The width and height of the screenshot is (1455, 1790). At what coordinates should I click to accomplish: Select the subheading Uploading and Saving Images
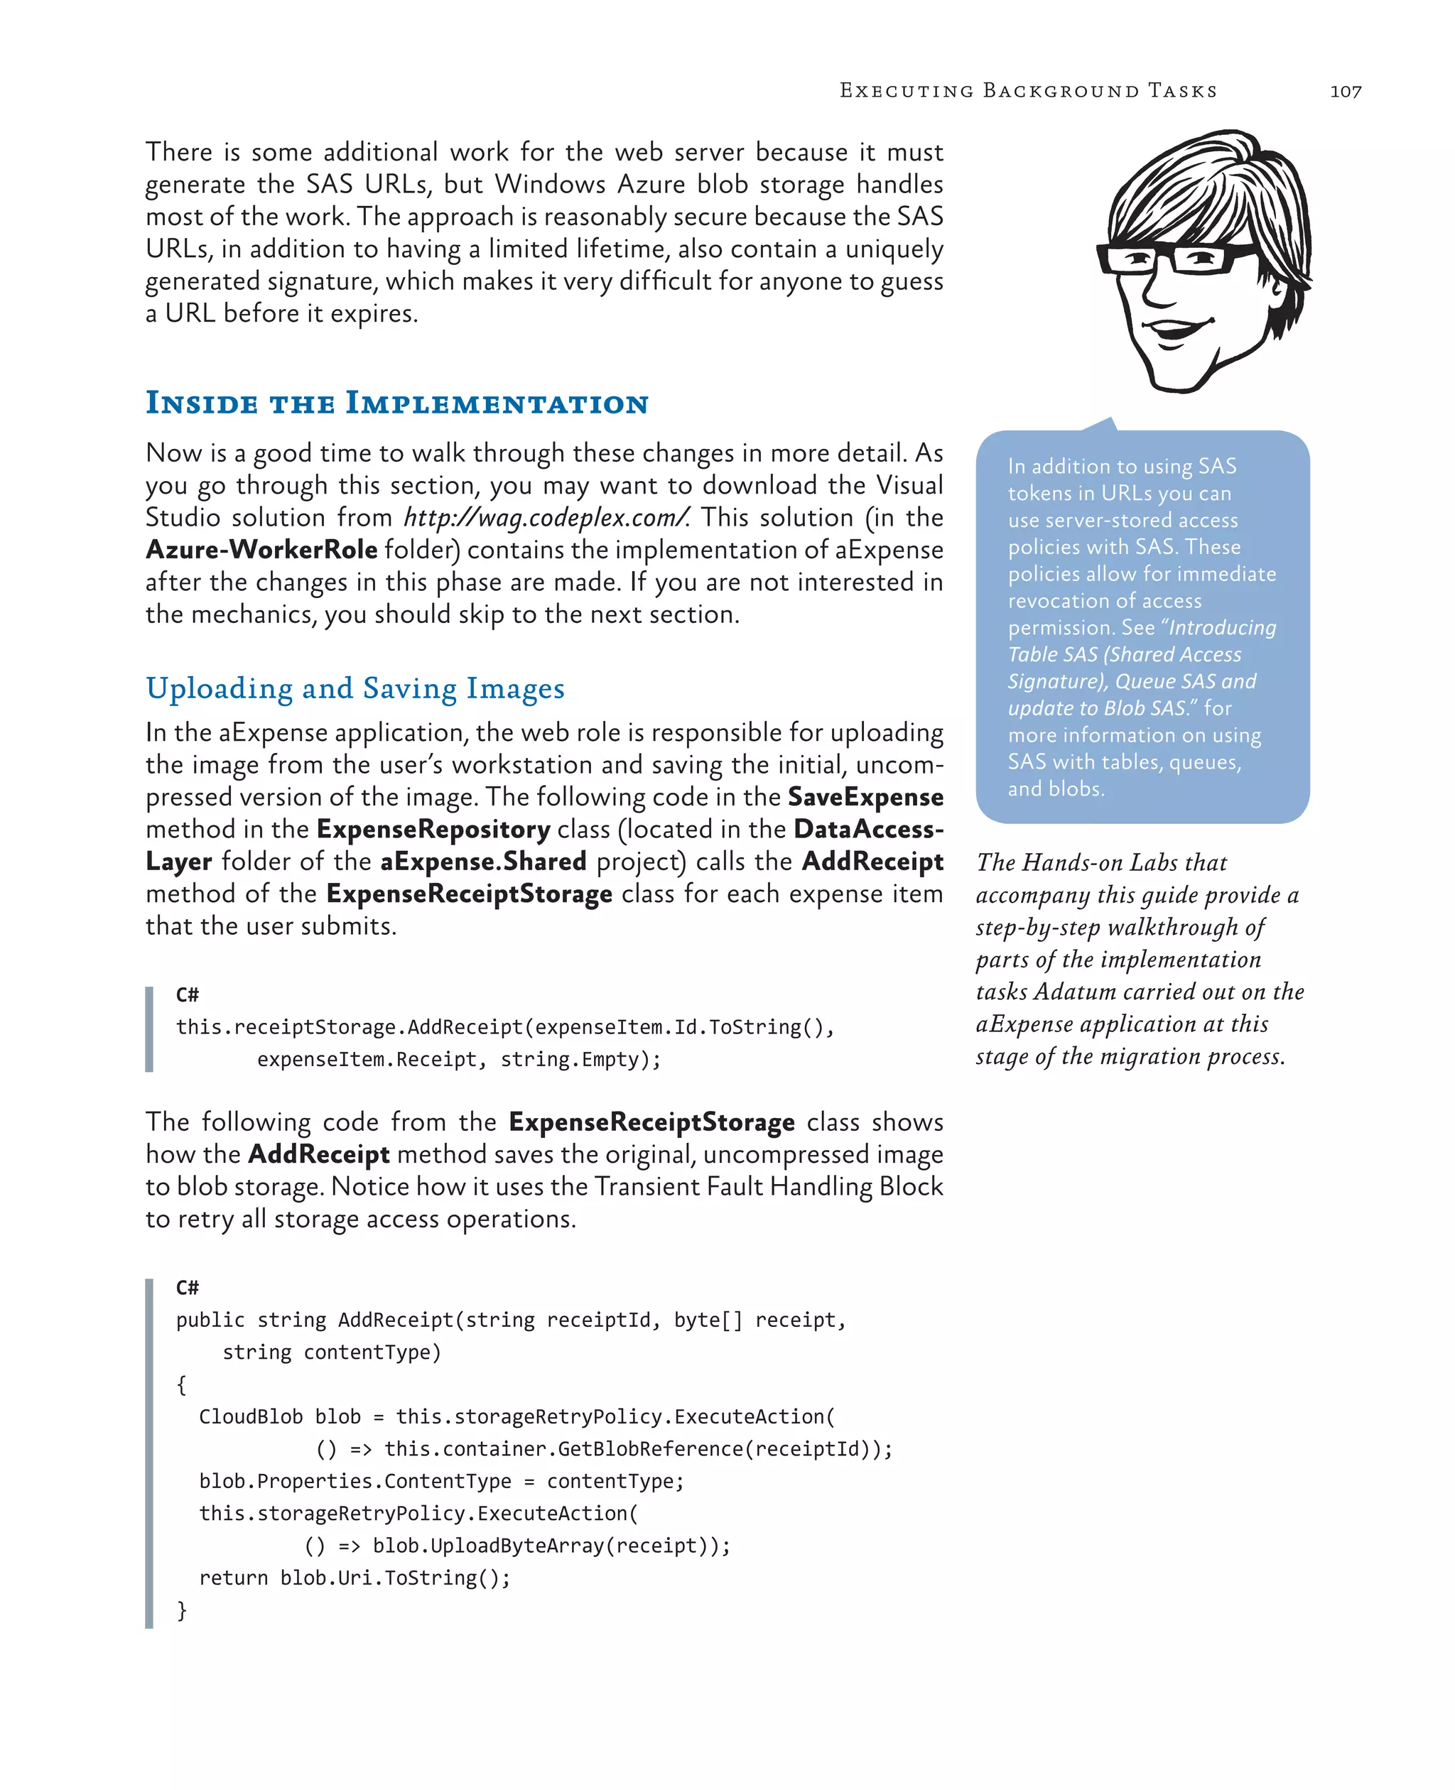coord(355,688)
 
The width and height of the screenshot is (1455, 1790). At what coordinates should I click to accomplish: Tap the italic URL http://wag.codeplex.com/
coord(546,518)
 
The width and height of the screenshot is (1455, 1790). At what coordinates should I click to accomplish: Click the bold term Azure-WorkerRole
coord(261,550)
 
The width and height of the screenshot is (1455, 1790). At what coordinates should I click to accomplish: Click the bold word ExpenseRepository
coord(433,830)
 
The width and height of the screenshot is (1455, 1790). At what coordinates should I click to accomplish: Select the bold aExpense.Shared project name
coord(483,862)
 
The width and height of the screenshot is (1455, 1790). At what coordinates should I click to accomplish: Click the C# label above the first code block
coord(187,994)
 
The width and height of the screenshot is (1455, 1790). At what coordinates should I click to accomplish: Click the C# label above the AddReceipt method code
coord(187,1287)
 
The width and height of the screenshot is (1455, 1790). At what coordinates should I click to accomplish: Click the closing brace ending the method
coord(181,1610)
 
